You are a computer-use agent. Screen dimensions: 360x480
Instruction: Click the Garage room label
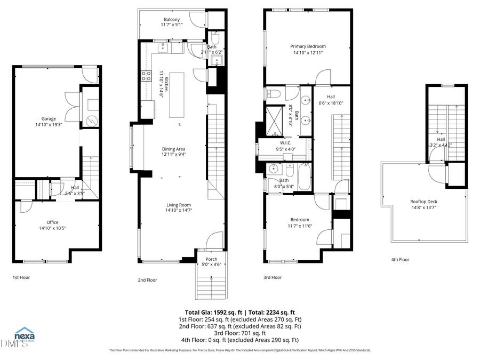[49, 119]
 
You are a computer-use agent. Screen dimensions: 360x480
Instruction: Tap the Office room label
[52, 222]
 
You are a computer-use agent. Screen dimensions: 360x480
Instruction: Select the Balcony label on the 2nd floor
[172, 19]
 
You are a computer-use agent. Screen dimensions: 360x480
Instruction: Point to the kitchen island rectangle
[178, 94]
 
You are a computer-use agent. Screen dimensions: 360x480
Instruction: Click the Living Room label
[179, 205]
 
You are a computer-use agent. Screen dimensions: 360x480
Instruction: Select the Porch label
[212, 259]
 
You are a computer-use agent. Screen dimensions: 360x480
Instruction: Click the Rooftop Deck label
[425, 202]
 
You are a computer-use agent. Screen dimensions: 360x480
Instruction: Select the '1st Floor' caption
[22, 277]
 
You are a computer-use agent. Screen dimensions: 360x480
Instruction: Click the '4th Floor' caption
[400, 260]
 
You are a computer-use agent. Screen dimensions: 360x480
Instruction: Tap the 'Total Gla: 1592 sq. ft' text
[212, 312]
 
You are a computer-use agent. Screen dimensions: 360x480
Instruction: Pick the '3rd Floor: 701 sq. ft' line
[239, 333]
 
